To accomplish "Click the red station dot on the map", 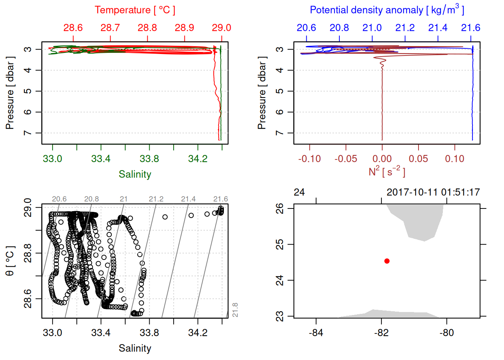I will (x=387, y=261).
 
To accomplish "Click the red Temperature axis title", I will (x=135, y=10).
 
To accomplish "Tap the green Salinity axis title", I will (x=135, y=174).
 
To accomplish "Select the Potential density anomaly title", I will (x=387, y=10).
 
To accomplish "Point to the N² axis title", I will (x=387, y=172).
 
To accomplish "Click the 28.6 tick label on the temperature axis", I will (x=73, y=28).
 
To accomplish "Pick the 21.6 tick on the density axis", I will (x=470, y=28).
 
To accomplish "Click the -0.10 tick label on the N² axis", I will (x=309, y=159).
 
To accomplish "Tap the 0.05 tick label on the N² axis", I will (x=418, y=159).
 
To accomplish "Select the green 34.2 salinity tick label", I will (x=198, y=159).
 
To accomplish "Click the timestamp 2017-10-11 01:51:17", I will (x=433, y=192).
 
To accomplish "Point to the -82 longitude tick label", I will (x=381, y=333).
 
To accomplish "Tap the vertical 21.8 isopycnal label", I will (x=235, y=310).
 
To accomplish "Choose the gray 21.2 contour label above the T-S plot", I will (x=156, y=199).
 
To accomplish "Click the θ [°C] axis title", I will (x=10, y=261).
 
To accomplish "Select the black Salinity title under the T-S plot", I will (x=135, y=348).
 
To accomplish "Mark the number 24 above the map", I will (x=299, y=192).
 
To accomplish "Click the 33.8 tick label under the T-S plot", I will (x=149, y=333).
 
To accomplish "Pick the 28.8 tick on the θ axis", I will (x=28, y=253).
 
